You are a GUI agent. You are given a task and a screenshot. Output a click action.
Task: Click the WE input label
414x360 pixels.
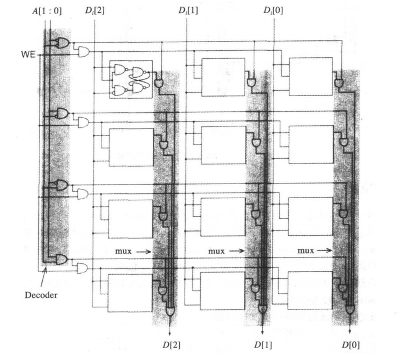[x=28, y=54]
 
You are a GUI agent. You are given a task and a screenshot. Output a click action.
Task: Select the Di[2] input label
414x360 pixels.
[x=94, y=10]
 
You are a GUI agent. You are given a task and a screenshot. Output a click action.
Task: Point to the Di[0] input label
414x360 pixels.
[x=274, y=10]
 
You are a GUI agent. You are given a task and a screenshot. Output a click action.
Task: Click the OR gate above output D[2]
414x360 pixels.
[x=171, y=311]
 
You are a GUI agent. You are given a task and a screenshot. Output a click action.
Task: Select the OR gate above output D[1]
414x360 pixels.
[x=262, y=309]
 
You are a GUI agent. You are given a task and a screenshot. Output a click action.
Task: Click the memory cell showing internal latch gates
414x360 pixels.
[x=131, y=79]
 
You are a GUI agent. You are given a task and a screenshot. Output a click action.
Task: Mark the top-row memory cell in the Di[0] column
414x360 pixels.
[x=311, y=76]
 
